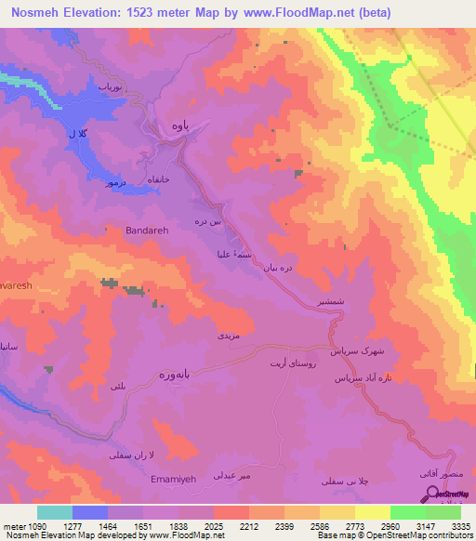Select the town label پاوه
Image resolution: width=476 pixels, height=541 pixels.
click(x=180, y=125)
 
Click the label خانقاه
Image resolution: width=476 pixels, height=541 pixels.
click(x=152, y=178)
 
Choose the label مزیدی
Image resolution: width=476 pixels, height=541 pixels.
click(x=228, y=333)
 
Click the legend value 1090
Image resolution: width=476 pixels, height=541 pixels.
click(x=37, y=526)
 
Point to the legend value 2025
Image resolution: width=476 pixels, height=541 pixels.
click(x=214, y=526)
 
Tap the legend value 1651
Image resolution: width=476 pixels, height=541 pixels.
click(x=143, y=526)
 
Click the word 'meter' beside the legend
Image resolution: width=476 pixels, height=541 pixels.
click(x=12, y=526)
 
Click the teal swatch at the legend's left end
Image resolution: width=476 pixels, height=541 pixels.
click(x=55, y=512)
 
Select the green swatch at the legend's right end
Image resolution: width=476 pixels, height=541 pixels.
click(x=443, y=512)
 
